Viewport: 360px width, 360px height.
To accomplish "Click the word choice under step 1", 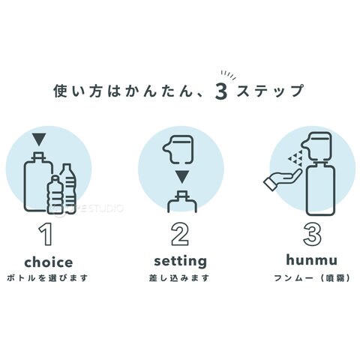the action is [x=49, y=262].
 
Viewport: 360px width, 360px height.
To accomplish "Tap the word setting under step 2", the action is [x=180, y=262].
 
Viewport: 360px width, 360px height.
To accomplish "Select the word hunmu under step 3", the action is [x=312, y=259].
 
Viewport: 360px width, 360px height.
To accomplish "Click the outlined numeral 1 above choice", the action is [x=46, y=234].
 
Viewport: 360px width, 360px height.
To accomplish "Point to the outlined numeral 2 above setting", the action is [x=180, y=234].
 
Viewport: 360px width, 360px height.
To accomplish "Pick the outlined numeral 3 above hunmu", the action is [x=312, y=234].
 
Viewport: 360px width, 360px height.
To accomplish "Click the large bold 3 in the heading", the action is [x=221, y=92].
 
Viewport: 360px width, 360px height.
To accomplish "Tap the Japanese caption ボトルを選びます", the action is [x=47, y=278].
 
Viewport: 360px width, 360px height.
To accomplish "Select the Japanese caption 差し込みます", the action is [x=179, y=278].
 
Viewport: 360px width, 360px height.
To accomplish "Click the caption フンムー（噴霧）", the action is [x=312, y=278].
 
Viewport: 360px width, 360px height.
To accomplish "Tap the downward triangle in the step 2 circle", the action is [x=181, y=177].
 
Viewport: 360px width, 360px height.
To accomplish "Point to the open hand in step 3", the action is [x=283, y=179].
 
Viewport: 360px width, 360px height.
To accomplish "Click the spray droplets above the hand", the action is [x=296, y=158].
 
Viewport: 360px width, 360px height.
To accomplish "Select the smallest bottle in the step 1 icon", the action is [x=55, y=194].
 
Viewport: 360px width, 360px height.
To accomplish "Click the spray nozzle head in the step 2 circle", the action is [x=178, y=149].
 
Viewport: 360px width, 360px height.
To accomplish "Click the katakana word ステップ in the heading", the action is [x=270, y=91].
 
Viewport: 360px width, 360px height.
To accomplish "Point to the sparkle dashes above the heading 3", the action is [x=229, y=75].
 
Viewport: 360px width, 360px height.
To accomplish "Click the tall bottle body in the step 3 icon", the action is [x=321, y=189].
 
